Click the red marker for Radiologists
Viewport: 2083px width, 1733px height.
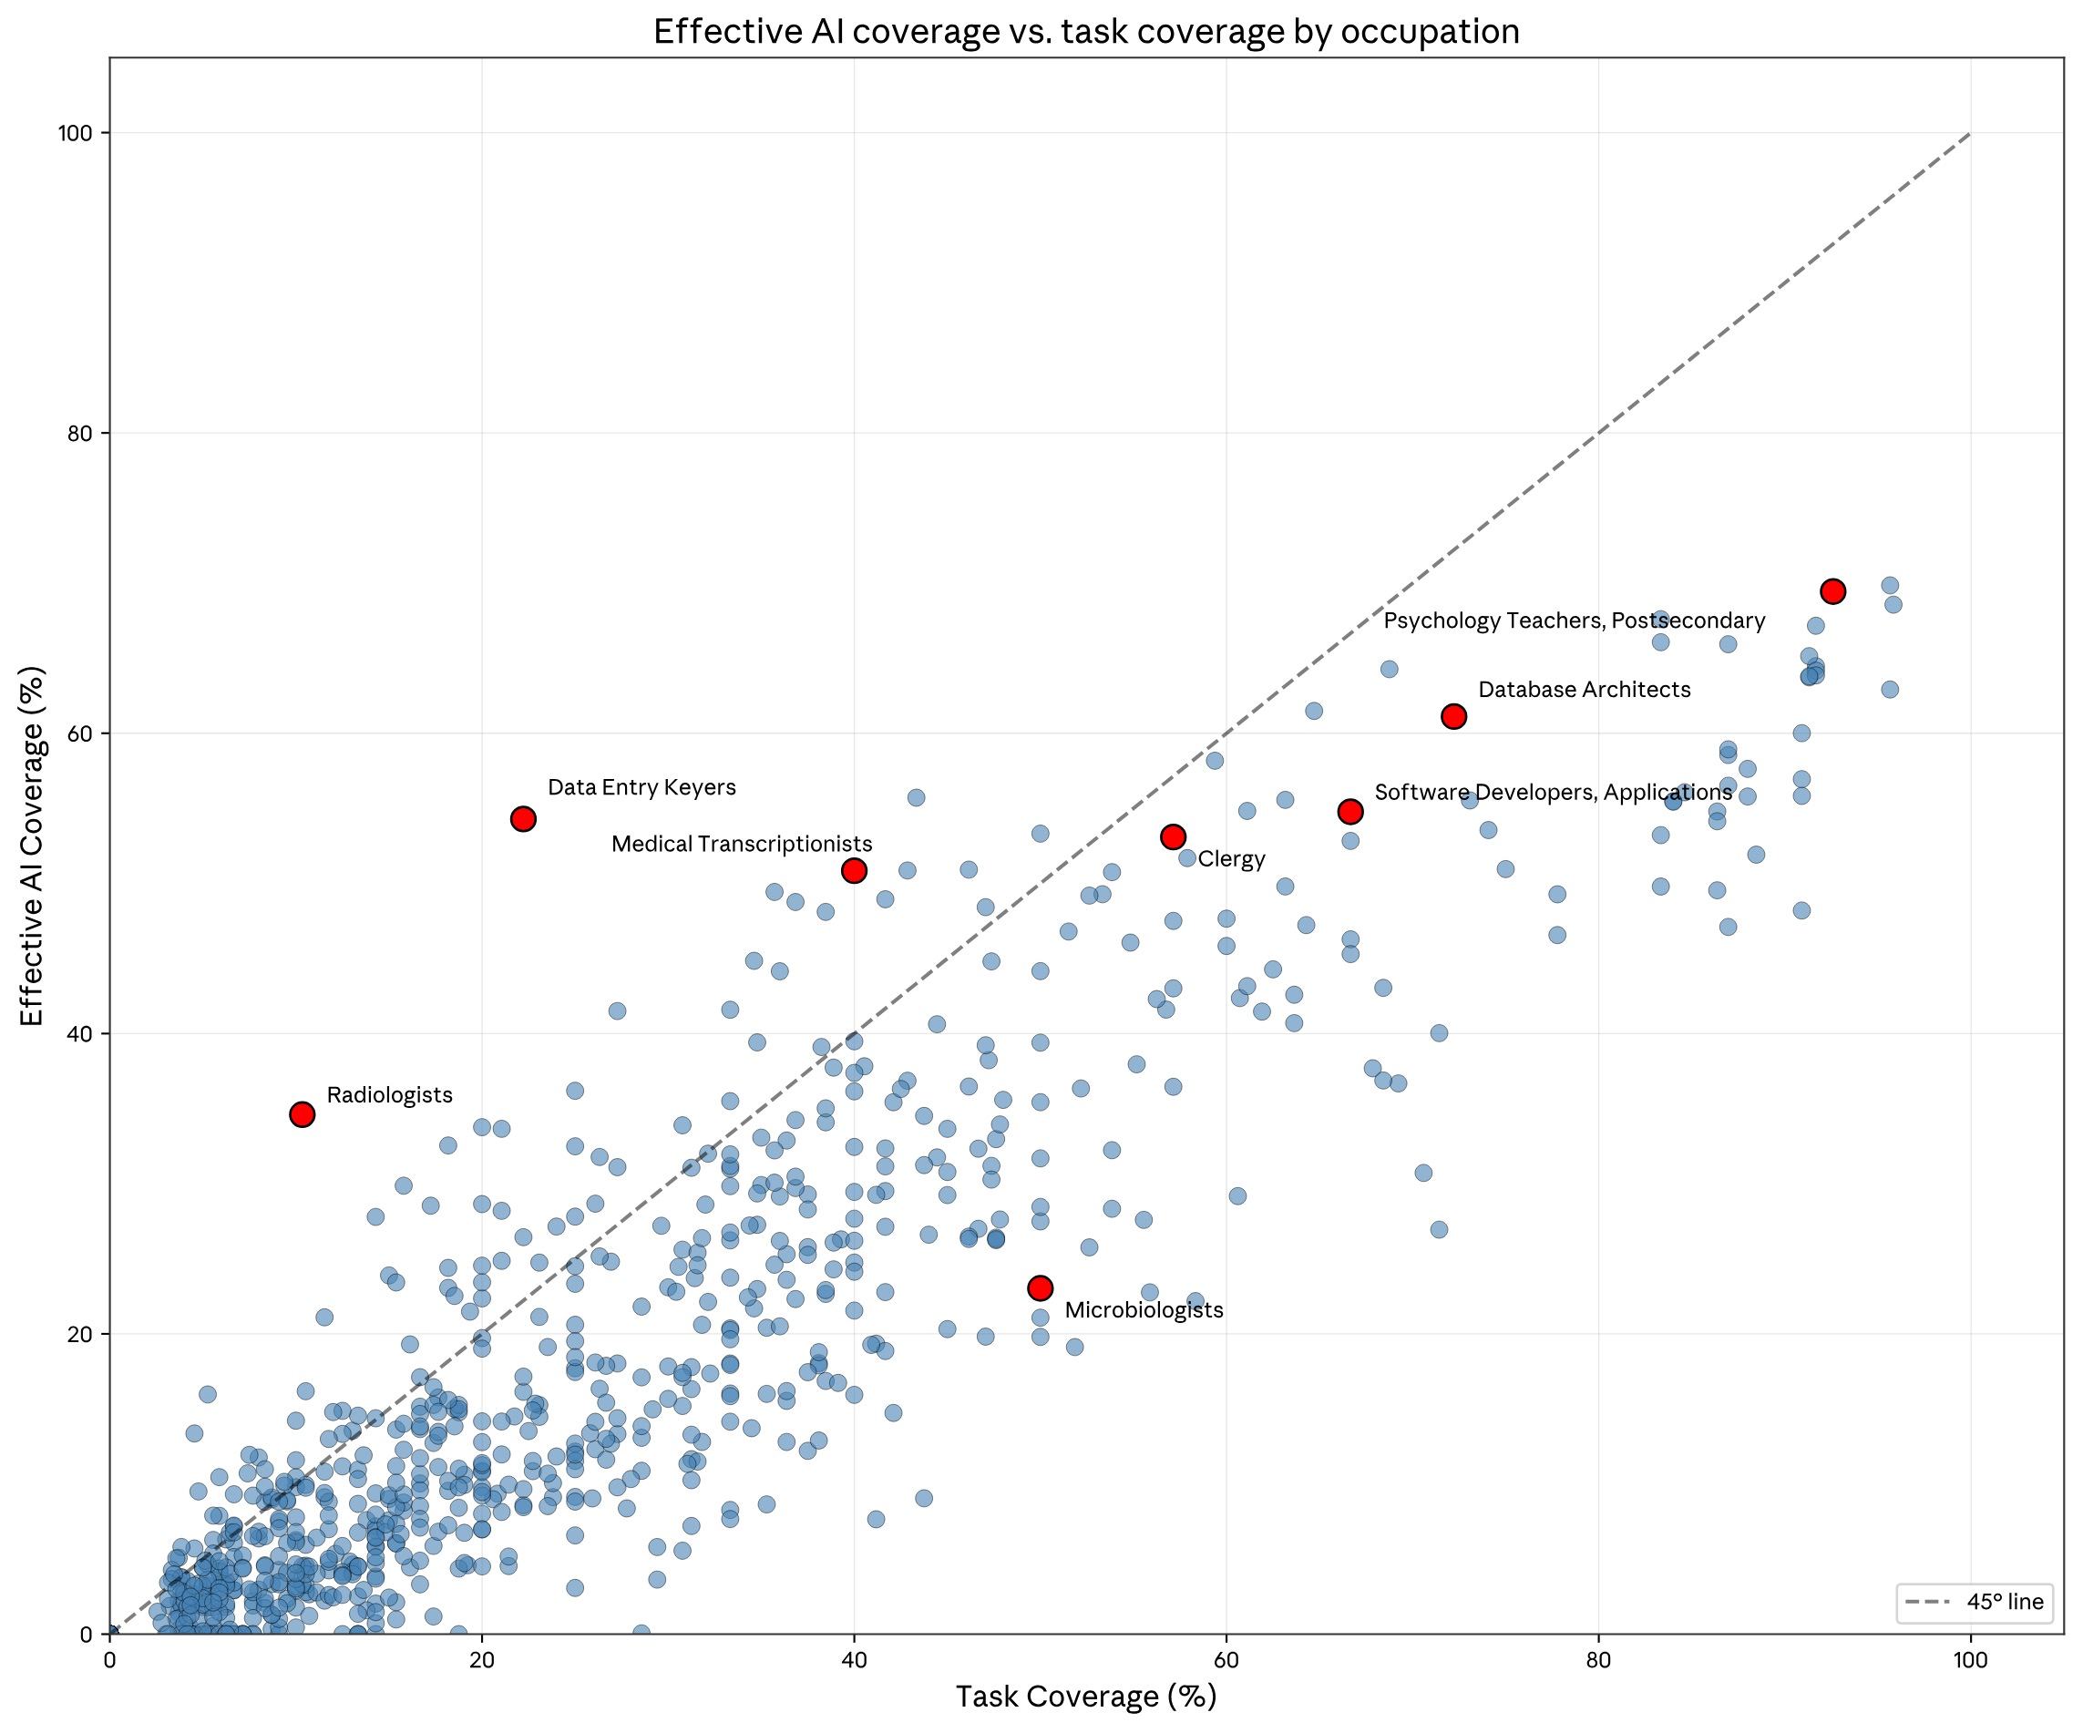pyautogui.click(x=303, y=1114)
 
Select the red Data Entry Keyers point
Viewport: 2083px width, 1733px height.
pyautogui.click(x=524, y=818)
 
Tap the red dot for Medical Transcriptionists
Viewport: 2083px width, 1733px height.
pyautogui.click(x=854, y=870)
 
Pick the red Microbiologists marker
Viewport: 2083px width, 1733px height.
pyautogui.click(x=1040, y=1287)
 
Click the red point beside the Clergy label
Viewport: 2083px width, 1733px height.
pyautogui.click(x=1174, y=836)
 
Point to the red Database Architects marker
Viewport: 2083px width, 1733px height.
pyautogui.click(x=1454, y=716)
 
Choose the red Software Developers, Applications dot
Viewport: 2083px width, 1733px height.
pyautogui.click(x=1350, y=812)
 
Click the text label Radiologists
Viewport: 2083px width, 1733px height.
pyautogui.click(x=389, y=1095)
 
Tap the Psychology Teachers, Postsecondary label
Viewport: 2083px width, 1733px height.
pyautogui.click(x=1575, y=621)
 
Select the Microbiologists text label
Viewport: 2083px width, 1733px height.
pyautogui.click(x=1144, y=1309)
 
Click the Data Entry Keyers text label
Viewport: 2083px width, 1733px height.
pyautogui.click(x=641, y=787)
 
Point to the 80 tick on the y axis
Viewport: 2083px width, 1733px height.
pyautogui.click(x=79, y=434)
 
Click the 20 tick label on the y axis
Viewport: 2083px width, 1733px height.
pyautogui.click(x=79, y=1334)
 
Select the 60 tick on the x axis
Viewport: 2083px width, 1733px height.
pyautogui.click(x=1226, y=1661)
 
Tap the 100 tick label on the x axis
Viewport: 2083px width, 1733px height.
pyautogui.click(x=1970, y=1661)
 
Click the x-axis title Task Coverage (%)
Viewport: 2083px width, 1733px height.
pyautogui.click(x=1086, y=1697)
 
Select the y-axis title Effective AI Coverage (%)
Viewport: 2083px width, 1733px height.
pyautogui.click(x=32, y=846)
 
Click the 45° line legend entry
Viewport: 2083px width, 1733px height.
pyautogui.click(x=1974, y=1602)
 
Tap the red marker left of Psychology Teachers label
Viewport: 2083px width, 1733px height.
pyautogui.click(x=1833, y=591)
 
